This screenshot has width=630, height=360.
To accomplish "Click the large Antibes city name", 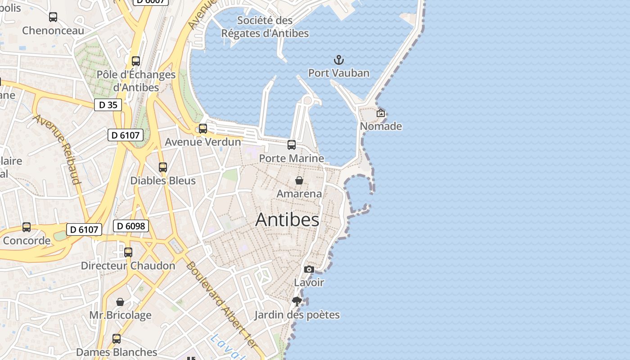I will tap(287, 220).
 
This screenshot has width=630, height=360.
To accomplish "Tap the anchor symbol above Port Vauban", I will tap(338, 60).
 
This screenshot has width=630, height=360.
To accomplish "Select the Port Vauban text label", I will tap(338, 73).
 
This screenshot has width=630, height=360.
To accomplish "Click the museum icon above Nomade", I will tap(381, 113).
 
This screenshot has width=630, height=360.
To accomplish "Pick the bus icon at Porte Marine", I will tap(292, 145).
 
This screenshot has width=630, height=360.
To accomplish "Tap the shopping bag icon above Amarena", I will tap(299, 180).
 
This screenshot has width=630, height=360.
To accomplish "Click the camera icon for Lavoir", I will tap(309, 269).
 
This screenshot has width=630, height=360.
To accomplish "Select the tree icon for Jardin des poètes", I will tap(297, 301).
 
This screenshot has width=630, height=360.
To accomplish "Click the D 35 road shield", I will tap(108, 105).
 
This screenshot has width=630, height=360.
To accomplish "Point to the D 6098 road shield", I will tap(131, 226).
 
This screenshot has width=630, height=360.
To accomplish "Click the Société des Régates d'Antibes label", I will tap(265, 27).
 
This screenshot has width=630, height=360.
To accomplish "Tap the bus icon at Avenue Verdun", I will tap(203, 129).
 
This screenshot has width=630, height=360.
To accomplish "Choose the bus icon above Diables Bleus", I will tap(163, 167).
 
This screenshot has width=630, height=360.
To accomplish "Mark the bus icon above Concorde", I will tap(27, 227).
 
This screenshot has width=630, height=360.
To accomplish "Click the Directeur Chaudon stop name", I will tap(128, 265).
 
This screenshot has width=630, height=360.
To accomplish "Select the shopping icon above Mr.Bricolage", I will tap(120, 301).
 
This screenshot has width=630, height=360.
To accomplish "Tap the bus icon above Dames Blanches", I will tap(117, 339).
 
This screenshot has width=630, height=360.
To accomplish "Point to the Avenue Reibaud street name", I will tap(57, 149).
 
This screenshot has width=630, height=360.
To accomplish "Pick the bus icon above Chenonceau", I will tap(53, 17).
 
